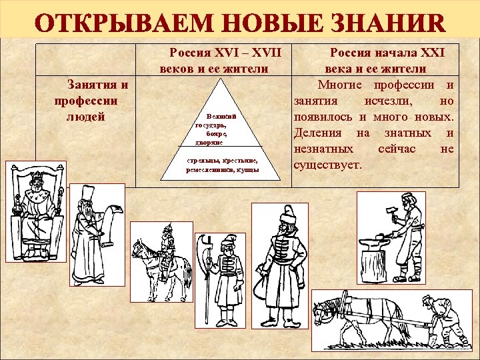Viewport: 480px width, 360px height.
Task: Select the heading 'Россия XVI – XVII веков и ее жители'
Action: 216,59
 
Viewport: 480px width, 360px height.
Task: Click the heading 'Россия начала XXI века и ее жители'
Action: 375,59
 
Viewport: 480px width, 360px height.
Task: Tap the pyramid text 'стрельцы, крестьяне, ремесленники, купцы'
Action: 222,165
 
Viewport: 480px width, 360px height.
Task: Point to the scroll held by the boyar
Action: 110,220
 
